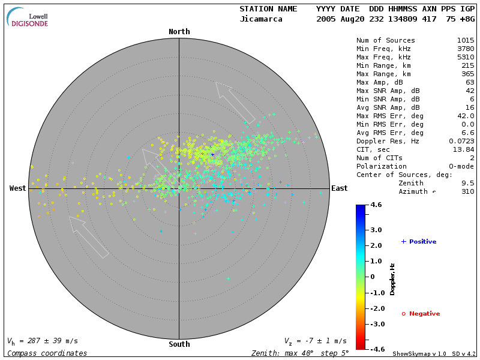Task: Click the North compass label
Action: (179, 32)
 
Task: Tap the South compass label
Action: (179, 344)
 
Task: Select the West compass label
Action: (18, 188)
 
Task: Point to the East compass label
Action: (339, 188)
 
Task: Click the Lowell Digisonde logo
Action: (28, 17)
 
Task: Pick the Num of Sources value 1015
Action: (466, 41)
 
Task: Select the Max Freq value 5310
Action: (466, 57)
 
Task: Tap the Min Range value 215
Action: (467, 65)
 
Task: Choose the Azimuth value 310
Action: (467, 191)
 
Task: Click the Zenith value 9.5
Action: (467, 183)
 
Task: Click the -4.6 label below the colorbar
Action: (377, 349)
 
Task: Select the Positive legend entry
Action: (419, 242)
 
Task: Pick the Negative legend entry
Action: (421, 314)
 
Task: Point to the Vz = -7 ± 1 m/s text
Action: (315, 341)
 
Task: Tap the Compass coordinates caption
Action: (47, 353)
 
